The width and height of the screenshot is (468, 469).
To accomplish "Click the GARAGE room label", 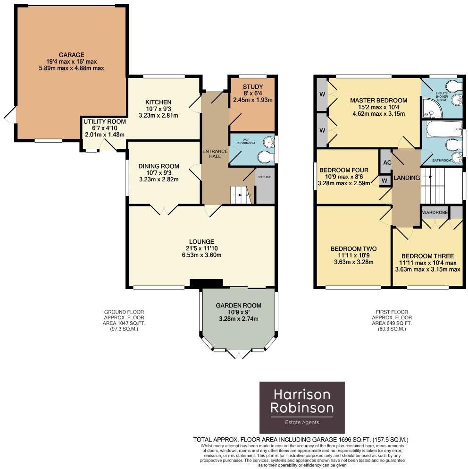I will click(x=72, y=55).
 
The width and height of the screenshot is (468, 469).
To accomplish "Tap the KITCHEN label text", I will click(x=158, y=102).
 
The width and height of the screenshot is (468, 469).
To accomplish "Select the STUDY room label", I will click(x=252, y=87).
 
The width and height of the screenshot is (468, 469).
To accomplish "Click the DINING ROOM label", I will click(x=159, y=166).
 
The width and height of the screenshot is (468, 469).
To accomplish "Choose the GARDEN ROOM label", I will click(x=239, y=306).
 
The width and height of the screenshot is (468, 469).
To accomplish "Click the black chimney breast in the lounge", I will click(x=206, y=283).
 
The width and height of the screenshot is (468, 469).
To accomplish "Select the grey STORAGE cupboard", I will click(x=265, y=186).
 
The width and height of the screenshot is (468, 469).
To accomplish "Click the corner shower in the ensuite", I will click(x=432, y=108).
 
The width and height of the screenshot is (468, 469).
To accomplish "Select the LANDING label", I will click(x=406, y=178).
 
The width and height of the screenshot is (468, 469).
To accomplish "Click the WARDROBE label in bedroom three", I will click(x=435, y=213).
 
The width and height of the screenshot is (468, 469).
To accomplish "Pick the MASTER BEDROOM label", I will click(x=378, y=101).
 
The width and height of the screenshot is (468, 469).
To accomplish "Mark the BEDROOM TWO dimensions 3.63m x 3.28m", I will click(x=353, y=262).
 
